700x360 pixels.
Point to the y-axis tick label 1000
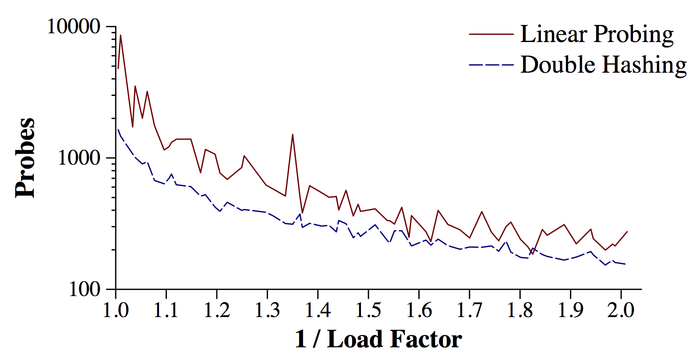79,158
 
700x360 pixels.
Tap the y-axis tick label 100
85,289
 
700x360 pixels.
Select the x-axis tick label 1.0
116,310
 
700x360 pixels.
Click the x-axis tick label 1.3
267,310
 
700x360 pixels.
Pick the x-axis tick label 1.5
368,310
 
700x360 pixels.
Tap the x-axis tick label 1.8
520,310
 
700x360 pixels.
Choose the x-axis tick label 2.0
621,310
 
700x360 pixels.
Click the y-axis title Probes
25,158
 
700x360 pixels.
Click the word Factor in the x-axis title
426,339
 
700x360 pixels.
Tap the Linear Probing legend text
597,34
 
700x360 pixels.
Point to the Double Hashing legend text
603,65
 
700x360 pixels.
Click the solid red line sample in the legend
491,34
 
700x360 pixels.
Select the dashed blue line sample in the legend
491,65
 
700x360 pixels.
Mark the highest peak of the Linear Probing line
120,35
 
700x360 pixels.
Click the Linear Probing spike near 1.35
293,134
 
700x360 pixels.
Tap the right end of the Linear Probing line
627,231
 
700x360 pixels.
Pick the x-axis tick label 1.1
166,310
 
